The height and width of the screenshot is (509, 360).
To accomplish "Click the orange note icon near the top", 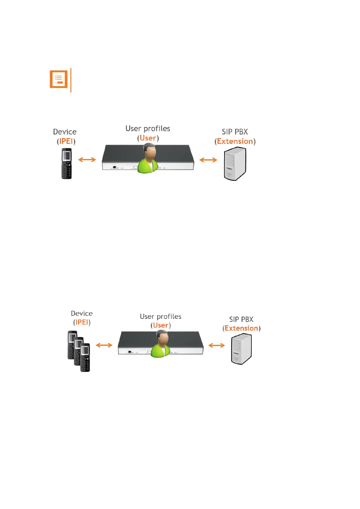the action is click(x=58, y=79).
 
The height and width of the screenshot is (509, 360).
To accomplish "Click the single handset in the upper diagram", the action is click(x=66, y=164).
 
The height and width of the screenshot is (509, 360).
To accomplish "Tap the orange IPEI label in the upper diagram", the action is click(x=66, y=141).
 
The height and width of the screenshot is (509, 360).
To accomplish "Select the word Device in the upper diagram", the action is click(x=65, y=132).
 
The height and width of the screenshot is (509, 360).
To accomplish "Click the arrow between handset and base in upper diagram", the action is click(x=87, y=160).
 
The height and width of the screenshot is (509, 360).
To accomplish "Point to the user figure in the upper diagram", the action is click(x=148, y=159).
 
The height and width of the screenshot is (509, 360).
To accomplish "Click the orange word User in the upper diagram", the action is click(x=148, y=138).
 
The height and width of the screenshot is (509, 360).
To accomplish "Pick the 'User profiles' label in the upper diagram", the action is click(x=148, y=128).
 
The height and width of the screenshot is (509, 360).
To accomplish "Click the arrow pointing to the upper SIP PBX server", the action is click(x=208, y=160).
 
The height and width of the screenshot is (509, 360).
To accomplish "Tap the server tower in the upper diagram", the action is click(x=235, y=164).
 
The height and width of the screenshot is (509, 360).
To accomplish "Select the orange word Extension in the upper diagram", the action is click(x=235, y=141).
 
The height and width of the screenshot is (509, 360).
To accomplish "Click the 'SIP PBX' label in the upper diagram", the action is click(x=235, y=132).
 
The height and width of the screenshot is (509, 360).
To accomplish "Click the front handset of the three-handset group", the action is click(x=85, y=358).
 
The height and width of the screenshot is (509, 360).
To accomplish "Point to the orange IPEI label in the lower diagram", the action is click(x=82, y=322).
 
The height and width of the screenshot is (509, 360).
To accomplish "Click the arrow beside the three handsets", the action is click(x=104, y=345).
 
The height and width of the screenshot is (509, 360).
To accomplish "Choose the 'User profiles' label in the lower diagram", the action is click(x=161, y=316).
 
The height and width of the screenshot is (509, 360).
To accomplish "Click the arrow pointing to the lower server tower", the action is click(x=217, y=345).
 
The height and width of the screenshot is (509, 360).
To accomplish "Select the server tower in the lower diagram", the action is click(x=241, y=349).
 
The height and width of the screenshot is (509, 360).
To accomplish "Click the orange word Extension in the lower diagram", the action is click(x=241, y=328).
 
